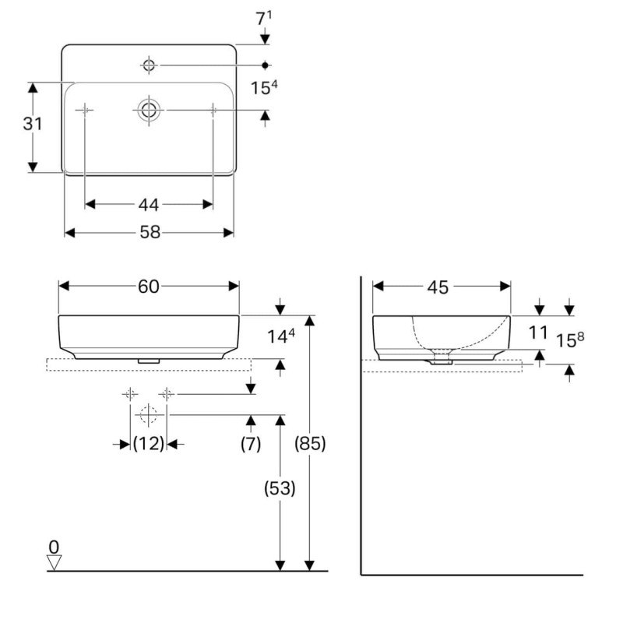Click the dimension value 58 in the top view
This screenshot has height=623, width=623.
click(150, 232)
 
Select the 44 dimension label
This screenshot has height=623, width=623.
click(149, 205)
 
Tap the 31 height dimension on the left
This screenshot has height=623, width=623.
click(32, 124)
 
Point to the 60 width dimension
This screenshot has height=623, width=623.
click(149, 286)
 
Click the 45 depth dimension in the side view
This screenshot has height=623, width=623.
click(438, 287)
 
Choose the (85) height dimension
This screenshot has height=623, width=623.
click(310, 443)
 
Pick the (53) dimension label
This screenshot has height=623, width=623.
click(280, 488)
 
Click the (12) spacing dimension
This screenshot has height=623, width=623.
click(149, 443)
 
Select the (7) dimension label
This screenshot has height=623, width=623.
click(251, 443)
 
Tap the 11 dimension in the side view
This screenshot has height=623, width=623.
click(538, 333)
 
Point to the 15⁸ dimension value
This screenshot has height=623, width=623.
click(570, 340)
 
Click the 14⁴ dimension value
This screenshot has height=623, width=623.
click(281, 336)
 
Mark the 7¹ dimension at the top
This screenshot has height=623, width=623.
click(264, 18)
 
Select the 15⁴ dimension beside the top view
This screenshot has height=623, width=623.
click(264, 87)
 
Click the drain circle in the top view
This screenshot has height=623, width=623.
click(149, 110)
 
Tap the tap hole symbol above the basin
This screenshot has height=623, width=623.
click(149, 65)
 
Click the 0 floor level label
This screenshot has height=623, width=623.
click(54, 547)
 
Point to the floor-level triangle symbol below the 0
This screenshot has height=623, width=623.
click(54, 562)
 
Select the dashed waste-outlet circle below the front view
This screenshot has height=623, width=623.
click(148, 415)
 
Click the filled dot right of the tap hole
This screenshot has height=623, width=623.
click(265, 65)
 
